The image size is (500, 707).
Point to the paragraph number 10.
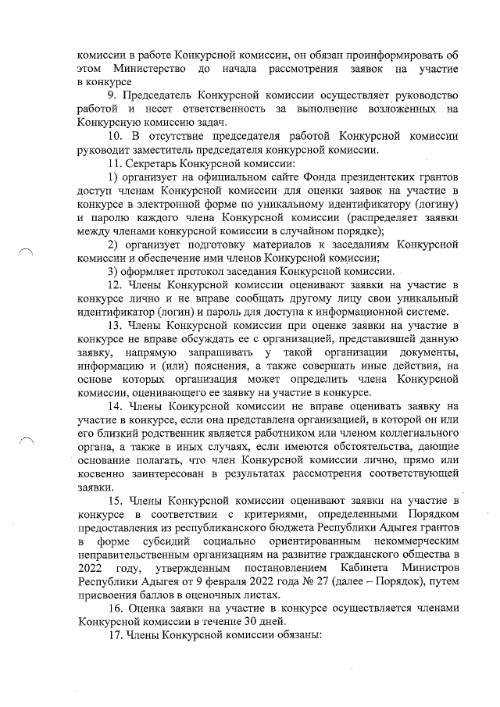116,136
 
